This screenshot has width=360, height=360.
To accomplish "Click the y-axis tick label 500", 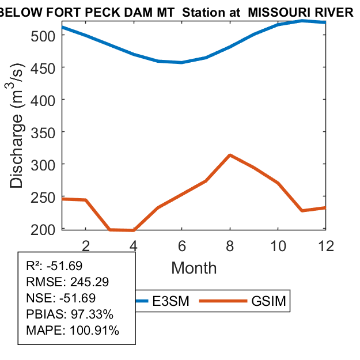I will click(44, 35).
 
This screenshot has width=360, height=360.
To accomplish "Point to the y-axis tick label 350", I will click(44, 132).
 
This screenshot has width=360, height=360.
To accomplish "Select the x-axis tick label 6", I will click(182, 245).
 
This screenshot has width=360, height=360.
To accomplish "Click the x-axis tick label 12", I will click(326, 245).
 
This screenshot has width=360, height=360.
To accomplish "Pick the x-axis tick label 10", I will click(278, 245).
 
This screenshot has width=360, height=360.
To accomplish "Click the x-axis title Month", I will click(194, 268).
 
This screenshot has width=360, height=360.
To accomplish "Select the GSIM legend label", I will click(268, 301).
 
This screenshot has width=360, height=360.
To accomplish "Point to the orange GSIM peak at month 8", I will click(230, 155).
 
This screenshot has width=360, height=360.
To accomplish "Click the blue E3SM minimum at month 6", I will click(182, 62).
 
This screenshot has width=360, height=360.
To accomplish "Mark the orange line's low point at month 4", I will click(134, 230).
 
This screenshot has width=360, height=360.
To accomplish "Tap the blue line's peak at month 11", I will click(302, 21).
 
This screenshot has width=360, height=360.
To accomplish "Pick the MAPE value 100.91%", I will click(94, 331).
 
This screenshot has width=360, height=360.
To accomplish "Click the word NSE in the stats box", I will click(37, 298).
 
